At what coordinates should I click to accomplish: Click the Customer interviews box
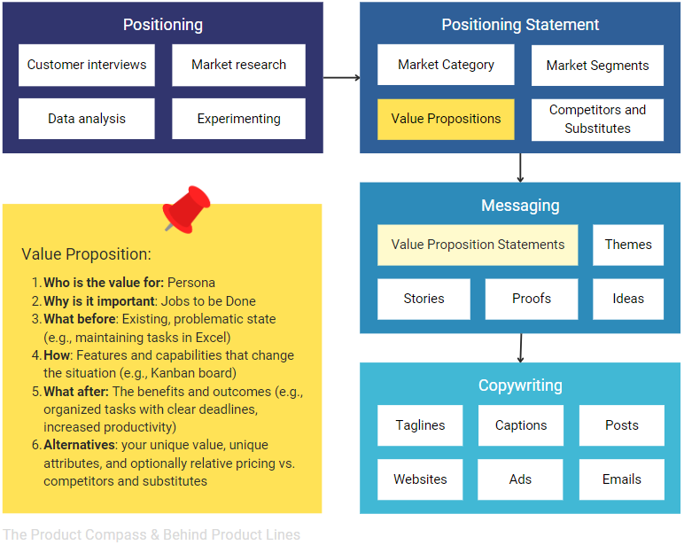87,65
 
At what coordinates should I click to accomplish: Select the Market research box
238,65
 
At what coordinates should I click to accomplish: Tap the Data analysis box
87,119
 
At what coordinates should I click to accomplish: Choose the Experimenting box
238,119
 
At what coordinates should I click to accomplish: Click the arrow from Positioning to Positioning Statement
341,78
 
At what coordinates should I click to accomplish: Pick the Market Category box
446,65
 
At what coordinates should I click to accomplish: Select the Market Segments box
597,66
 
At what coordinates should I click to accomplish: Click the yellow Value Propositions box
446,119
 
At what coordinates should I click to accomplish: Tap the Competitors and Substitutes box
597,119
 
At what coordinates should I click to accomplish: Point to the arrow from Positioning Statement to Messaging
520,167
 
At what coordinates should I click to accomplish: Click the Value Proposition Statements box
478,245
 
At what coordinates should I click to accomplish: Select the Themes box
628,245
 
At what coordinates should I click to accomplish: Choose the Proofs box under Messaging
532,299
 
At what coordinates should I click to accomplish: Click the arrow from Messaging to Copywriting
520,347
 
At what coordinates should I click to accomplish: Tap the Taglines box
420,425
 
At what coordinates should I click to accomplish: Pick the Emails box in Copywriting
621,479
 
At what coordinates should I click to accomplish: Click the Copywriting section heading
520,385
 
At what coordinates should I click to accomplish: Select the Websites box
420,479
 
